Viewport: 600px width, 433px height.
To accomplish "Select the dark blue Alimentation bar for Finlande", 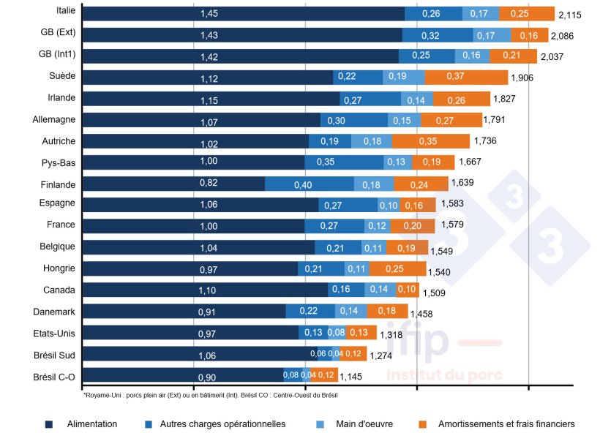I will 173,184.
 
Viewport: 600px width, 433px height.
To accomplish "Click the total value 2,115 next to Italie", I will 570,15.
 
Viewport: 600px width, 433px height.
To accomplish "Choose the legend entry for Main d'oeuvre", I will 356,423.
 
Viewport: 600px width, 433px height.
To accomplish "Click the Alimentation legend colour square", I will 49,423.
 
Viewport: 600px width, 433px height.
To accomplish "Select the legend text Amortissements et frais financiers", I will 506,423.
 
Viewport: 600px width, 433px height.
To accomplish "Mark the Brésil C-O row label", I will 54,376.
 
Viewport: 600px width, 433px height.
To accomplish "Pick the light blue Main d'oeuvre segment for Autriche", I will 371,140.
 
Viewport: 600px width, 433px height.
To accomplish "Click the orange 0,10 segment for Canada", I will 407,290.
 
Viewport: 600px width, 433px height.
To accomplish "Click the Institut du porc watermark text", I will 444,374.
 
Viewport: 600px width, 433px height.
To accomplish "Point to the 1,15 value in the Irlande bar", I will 210,99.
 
